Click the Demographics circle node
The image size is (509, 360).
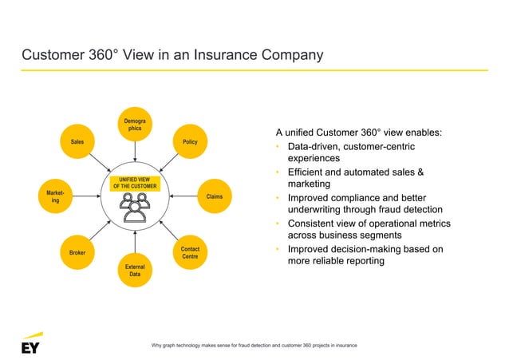pyautogui.click(x=135, y=125)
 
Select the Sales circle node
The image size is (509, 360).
pyautogui.click(x=77, y=141)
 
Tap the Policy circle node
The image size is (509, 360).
pyautogui.click(x=190, y=141)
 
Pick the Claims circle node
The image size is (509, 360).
pyautogui.click(x=214, y=196)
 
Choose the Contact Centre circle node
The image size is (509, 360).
pyautogui.click(x=190, y=252)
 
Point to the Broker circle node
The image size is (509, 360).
pyautogui.click(x=77, y=252)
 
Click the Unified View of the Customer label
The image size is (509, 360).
pyautogui.click(x=135, y=184)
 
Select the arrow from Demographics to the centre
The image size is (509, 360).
pyautogui.click(x=135, y=153)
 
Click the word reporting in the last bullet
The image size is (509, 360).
pyautogui.click(x=375, y=263)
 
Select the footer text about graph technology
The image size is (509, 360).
pyautogui.click(x=254, y=344)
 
